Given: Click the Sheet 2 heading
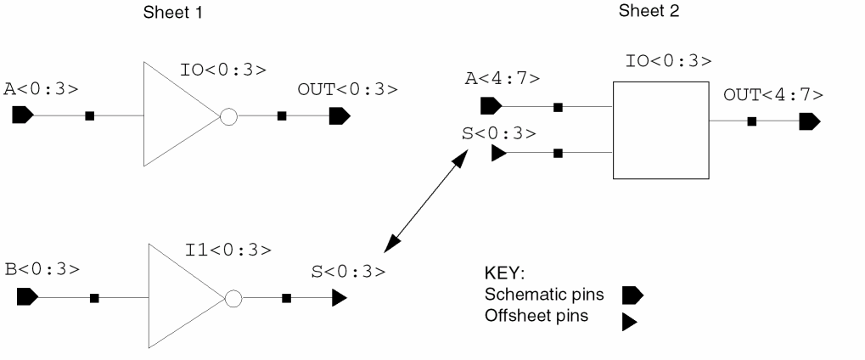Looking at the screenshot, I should click(649, 12).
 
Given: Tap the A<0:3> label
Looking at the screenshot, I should click(41, 88).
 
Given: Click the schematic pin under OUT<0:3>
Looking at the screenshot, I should click(340, 115).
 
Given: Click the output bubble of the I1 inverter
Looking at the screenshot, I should click(233, 298).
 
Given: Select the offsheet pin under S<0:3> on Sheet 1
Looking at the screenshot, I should click(339, 298).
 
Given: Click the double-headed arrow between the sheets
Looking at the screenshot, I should click(427, 200).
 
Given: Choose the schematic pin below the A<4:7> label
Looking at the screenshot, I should click(490, 107).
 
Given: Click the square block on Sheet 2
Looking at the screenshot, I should click(660, 130).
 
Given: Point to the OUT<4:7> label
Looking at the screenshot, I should click(773, 93).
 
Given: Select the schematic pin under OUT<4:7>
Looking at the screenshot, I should click(810, 121).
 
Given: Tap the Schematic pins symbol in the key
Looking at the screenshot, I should click(633, 295).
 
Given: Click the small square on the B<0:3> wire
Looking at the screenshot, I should click(94, 298).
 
